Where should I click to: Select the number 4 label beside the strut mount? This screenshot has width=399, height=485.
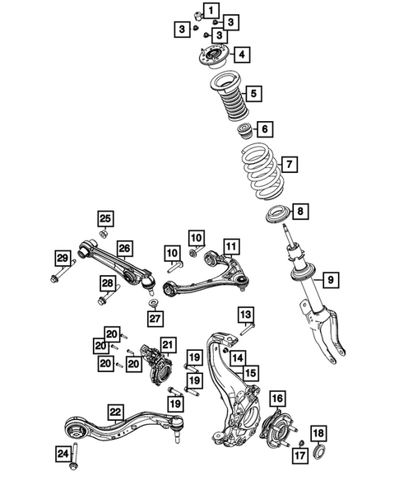[243, 55]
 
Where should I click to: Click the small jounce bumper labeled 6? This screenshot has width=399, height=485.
[244, 130]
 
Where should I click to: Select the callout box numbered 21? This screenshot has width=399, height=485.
[168, 345]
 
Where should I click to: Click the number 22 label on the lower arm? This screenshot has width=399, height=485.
[116, 411]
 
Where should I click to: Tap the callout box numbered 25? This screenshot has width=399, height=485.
[105, 218]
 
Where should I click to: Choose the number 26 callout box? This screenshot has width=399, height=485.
[124, 248]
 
